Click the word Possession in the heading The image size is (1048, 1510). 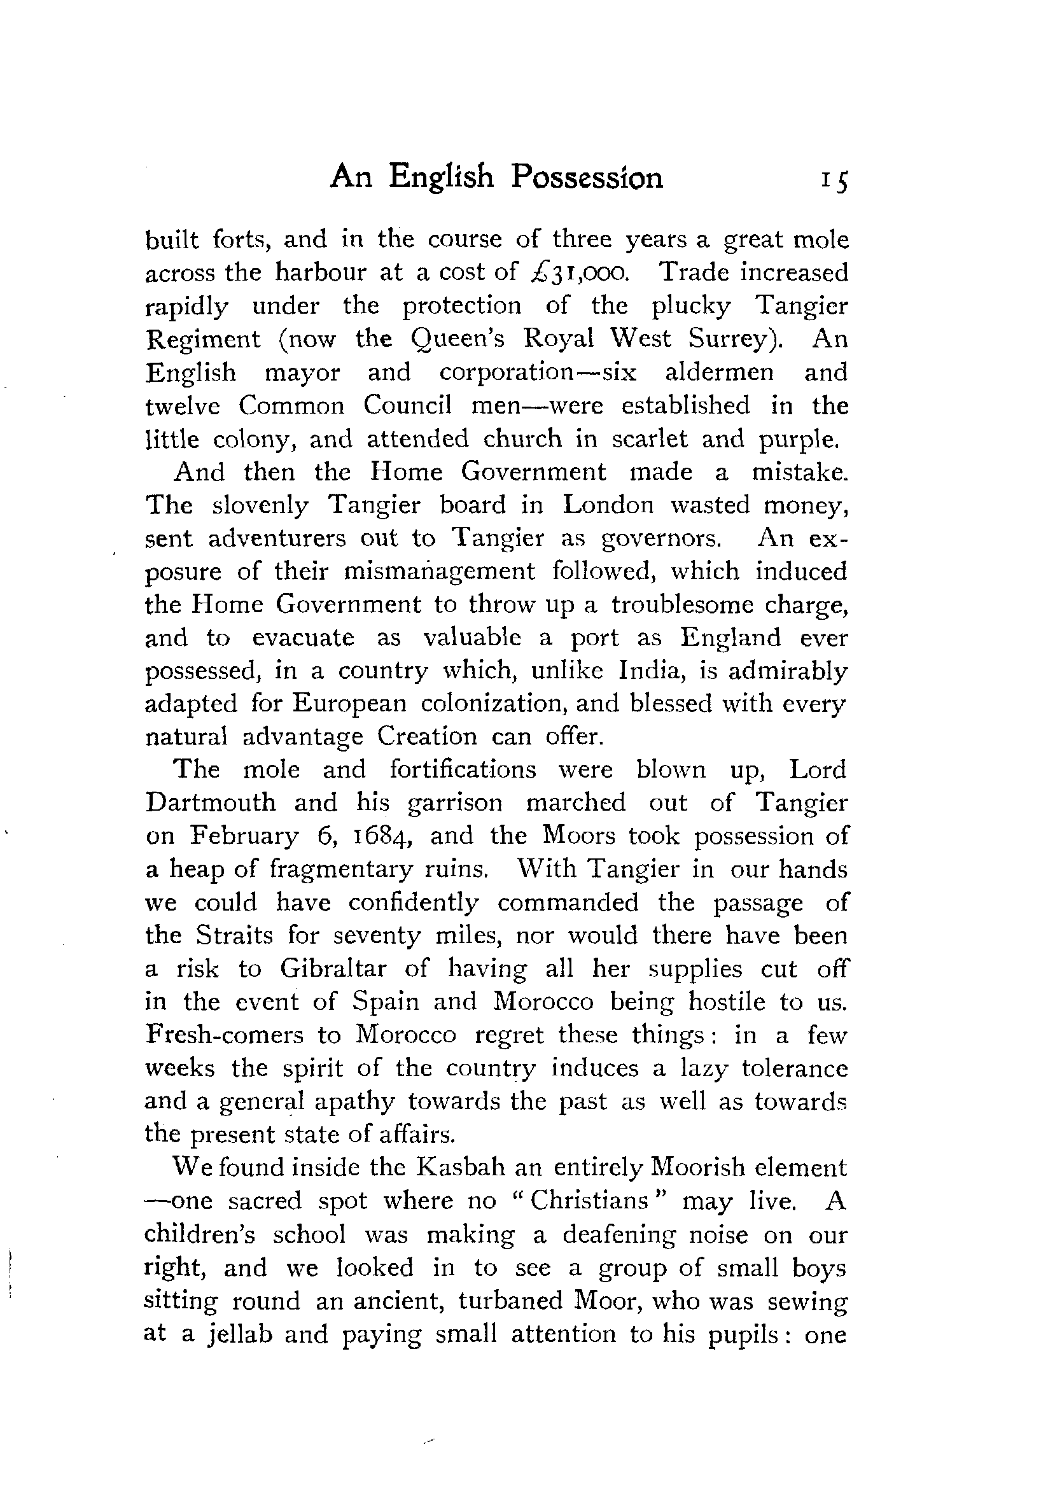(x=587, y=178)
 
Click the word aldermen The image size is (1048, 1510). (x=720, y=372)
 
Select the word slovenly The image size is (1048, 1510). (x=260, y=505)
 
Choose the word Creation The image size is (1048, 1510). (x=427, y=737)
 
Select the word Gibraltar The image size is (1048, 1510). (x=333, y=969)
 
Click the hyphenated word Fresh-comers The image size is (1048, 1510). (x=224, y=1035)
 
